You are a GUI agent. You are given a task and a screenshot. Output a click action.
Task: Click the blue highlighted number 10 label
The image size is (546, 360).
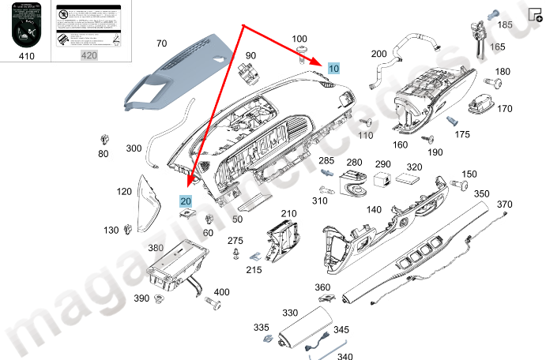pos(333,69)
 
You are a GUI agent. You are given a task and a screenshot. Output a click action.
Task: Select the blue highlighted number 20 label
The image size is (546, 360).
pos(186,202)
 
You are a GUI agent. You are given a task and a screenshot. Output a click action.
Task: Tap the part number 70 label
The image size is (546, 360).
pos(161,43)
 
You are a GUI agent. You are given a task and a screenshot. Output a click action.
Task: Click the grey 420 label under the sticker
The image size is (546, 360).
pos(88,55)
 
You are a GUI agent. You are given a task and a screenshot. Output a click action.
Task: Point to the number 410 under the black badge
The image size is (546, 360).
pos(26,55)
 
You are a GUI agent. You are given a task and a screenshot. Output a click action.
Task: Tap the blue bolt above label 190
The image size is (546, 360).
pos(454,122)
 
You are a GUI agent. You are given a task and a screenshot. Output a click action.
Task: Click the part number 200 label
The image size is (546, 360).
pos(378,54)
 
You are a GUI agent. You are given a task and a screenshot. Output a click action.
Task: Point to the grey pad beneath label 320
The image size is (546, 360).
pos(408,179)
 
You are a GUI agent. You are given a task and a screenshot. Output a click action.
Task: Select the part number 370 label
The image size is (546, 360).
pos(505,204)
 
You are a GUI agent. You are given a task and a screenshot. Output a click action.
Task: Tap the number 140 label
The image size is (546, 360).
pos(374,210)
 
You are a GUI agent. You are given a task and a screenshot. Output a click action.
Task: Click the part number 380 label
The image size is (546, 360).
pos(156,248)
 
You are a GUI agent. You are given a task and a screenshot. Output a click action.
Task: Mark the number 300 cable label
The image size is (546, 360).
pos(134,148)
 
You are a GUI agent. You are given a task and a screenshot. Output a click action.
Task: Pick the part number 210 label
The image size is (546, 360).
pos(288,213)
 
